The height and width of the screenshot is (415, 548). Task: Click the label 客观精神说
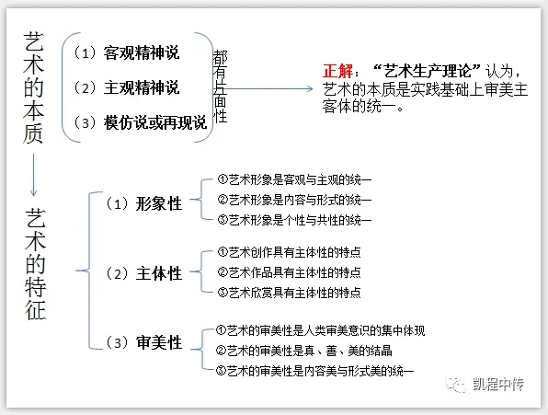pos(142,53)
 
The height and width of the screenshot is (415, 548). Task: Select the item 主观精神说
pos(142,87)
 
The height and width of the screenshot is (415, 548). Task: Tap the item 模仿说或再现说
pos(155,122)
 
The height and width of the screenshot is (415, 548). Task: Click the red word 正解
pos(337,72)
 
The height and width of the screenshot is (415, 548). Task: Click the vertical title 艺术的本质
pos(33,87)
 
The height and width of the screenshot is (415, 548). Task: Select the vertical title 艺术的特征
pos(35,264)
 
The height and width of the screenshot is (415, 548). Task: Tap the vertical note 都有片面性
pos(220,86)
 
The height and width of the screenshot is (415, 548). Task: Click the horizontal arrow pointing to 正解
pos(268,89)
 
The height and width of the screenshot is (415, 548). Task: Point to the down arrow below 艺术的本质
pos(33,175)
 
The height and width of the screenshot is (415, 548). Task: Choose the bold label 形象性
pos(159,203)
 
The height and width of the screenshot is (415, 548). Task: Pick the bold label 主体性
pos(159,273)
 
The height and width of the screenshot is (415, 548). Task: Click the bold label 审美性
pos(159,342)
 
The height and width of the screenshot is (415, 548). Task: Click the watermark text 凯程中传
pos(498,385)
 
